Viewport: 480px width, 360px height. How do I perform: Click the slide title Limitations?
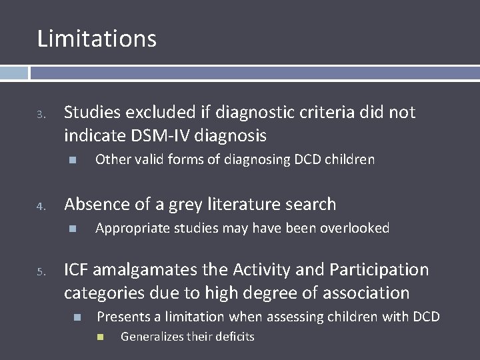[x=97, y=39]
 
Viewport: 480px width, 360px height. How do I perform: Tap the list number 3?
[x=41, y=116]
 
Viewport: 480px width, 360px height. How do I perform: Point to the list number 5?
[x=41, y=272]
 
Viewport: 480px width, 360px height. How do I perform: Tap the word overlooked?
[x=356, y=228]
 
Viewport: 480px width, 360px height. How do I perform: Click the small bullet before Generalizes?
[x=101, y=337]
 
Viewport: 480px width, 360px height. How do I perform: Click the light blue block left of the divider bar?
[x=13, y=73]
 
